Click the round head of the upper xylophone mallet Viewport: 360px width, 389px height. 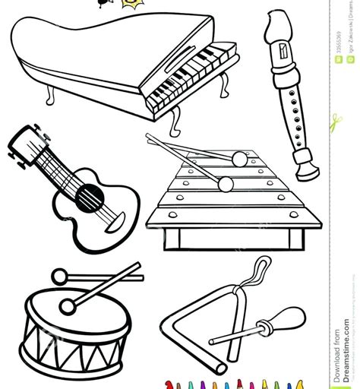(x=240, y=159)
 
